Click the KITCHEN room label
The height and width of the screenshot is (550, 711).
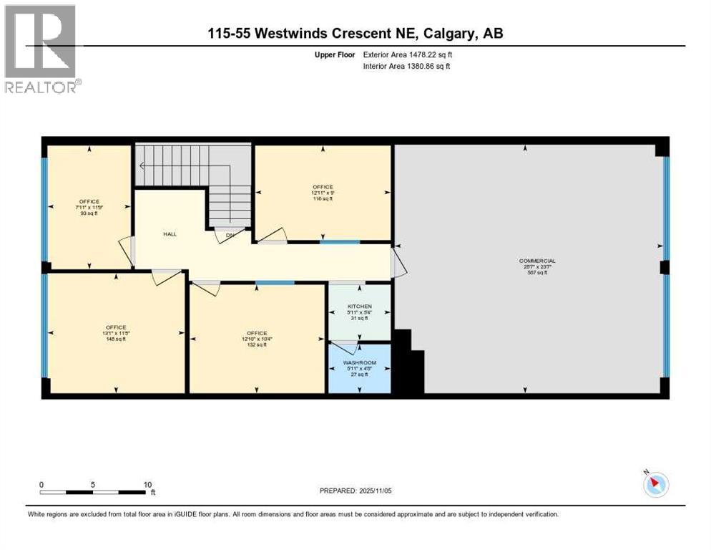coord(360,307)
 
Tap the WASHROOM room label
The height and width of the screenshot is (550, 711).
coord(360,363)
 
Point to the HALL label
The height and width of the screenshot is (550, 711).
coord(170,233)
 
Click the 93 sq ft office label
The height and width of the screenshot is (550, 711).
coord(89,202)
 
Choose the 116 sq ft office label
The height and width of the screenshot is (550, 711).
coord(323,187)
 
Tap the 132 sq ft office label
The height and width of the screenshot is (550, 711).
coord(257,333)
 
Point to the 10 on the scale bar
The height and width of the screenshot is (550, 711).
coord(147,484)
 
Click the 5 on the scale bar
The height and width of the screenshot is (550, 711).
coord(93,484)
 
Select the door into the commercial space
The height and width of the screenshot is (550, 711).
coord(398,262)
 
